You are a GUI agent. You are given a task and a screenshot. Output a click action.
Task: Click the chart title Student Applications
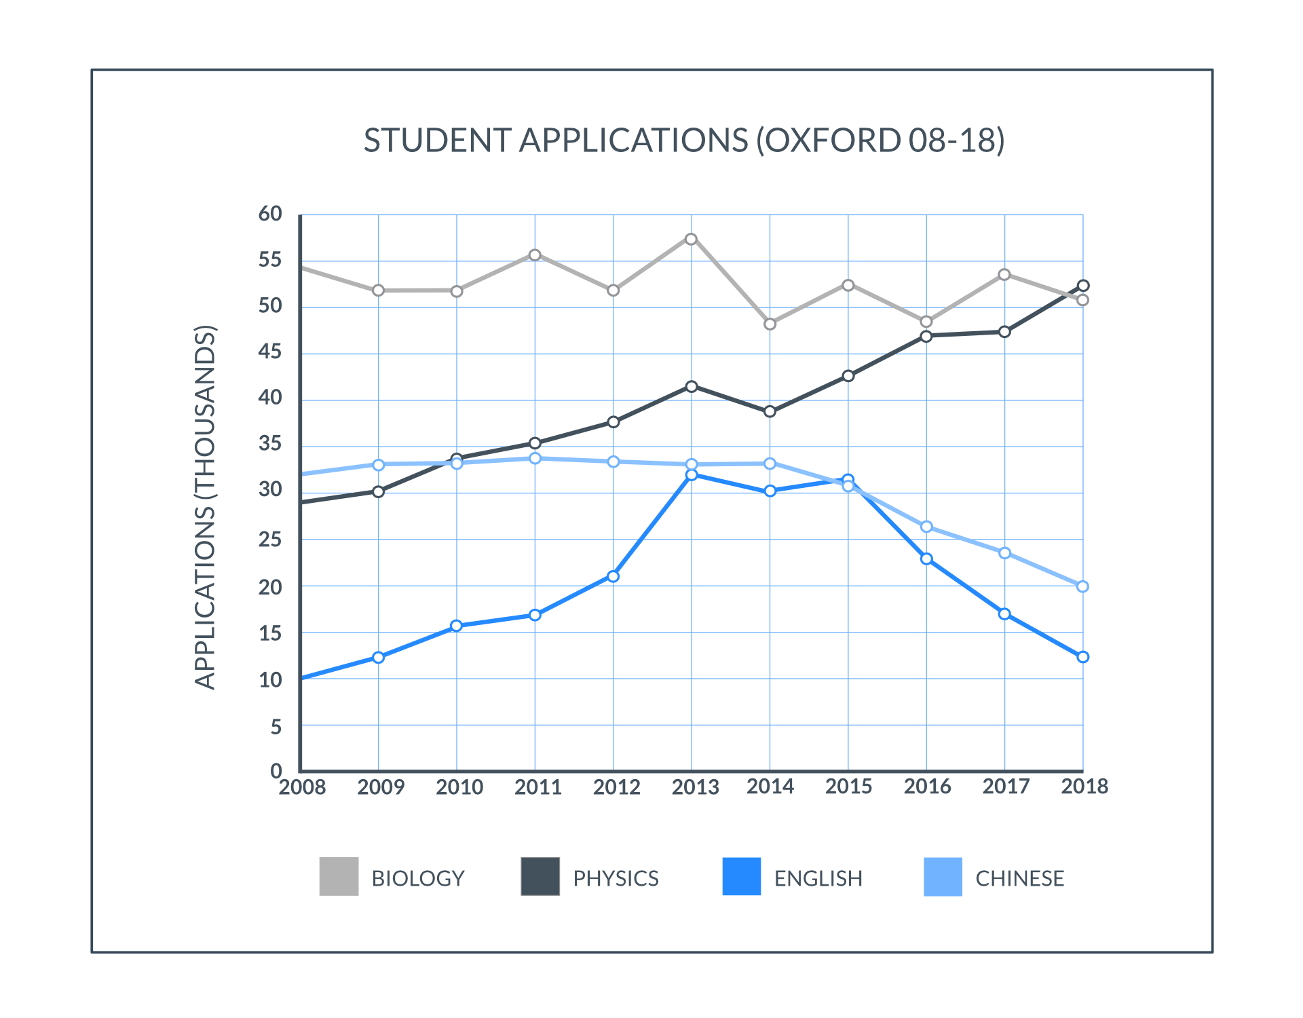pyautogui.click(x=683, y=140)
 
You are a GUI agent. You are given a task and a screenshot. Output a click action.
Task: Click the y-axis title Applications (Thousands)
pyautogui.click(x=205, y=508)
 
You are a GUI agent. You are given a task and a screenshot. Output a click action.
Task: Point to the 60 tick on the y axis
pyautogui.click(x=270, y=214)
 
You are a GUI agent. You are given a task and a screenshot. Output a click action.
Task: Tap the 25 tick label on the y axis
pyautogui.click(x=270, y=540)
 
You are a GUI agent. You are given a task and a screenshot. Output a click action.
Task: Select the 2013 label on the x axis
pyautogui.click(x=695, y=787)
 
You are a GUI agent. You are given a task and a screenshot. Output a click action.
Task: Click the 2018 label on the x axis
pyautogui.click(x=1084, y=787)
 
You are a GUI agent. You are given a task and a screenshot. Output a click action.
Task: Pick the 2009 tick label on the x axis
pyautogui.click(x=381, y=787)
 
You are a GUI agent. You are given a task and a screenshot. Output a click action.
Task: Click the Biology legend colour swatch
pyautogui.click(x=339, y=877)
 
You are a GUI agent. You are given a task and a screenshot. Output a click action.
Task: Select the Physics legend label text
pyautogui.click(x=616, y=878)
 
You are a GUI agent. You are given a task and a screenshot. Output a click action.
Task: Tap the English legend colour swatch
pyautogui.click(x=741, y=877)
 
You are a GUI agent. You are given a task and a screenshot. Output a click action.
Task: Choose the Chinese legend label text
pyautogui.click(x=1019, y=878)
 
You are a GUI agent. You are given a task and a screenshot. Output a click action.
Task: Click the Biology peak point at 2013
pyautogui.click(x=691, y=239)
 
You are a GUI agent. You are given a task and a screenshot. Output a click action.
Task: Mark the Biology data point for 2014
pyautogui.click(x=770, y=324)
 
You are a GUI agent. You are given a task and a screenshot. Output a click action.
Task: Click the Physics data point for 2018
pyautogui.click(x=1083, y=286)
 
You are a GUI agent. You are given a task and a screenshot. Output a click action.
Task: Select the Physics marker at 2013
pyautogui.click(x=691, y=387)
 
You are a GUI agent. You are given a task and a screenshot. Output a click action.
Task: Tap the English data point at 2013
pyautogui.click(x=691, y=475)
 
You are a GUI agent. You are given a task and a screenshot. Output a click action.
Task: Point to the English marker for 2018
pyautogui.click(x=1083, y=657)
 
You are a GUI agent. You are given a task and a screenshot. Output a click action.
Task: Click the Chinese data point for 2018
pyautogui.click(x=1083, y=586)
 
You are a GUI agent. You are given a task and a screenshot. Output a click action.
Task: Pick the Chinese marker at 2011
pyautogui.click(x=535, y=459)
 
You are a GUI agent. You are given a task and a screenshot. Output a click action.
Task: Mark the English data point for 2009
pyautogui.click(x=378, y=658)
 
